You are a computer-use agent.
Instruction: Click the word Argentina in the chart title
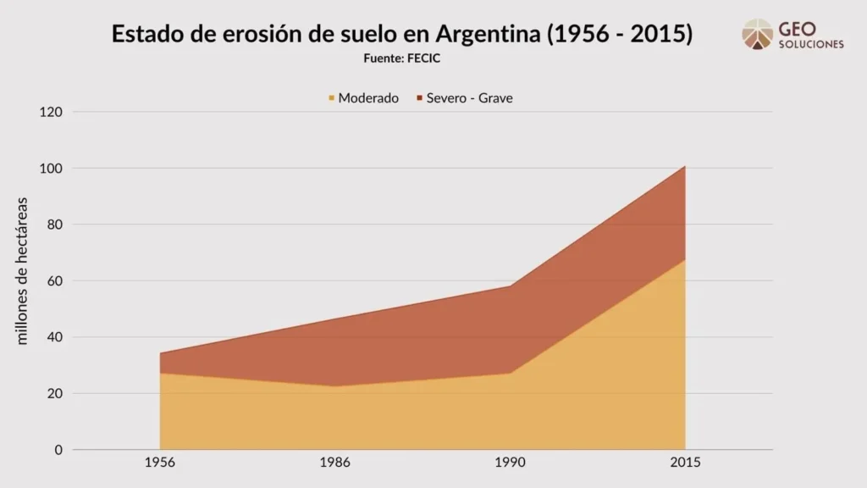tap(489, 35)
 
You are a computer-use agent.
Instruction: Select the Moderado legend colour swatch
tap(331, 98)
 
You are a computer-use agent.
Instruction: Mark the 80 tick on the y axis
tap(53, 225)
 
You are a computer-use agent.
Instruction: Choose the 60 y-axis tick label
tap(53, 280)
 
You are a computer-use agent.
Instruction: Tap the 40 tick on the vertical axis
tap(53, 337)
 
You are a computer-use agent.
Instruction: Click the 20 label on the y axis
tap(53, 393)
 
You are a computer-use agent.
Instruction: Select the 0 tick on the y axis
tap(58, 450)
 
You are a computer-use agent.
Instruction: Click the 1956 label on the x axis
tap(160, 463)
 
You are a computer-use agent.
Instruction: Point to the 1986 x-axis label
tap(335, 463)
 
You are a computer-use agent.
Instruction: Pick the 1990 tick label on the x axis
tap(511, 463)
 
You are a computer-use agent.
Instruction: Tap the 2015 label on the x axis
tap(685, 463)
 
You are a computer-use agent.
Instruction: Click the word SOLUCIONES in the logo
tap(811, 45)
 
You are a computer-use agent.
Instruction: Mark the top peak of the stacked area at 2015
tap(685, 166)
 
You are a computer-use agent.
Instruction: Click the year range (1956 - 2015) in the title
tap(621, 35)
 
